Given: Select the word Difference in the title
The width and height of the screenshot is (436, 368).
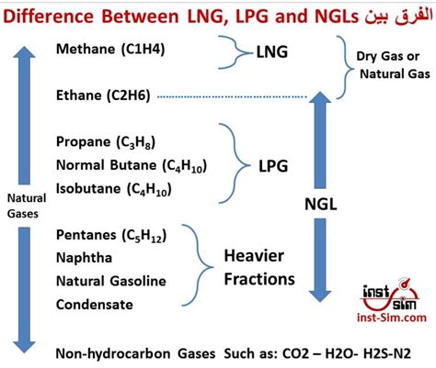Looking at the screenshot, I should click(x=52, y=14).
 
